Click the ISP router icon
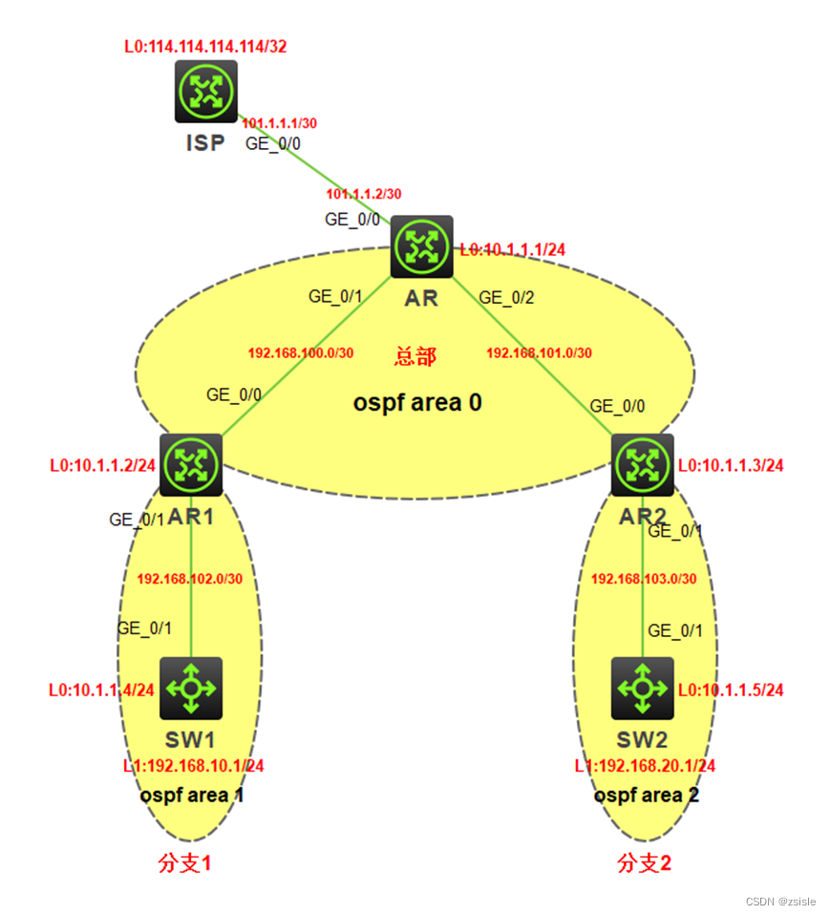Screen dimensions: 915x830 pyautogui.click(x=205, y=92)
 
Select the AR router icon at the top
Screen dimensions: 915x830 pyautogui.click(x=420, y=245)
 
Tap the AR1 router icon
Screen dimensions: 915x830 pyautogui.click(x=191, y=465)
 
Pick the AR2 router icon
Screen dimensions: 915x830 pyautogui.click(x=642, y=465)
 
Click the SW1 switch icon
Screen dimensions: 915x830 pyautogui.click(x=191, y=688)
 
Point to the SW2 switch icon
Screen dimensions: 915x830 pyautogui.click(x=642, y=688)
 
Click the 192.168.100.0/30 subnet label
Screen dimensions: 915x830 pyautogui.click(x=301, y=353)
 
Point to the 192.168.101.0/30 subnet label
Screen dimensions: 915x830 pyautogui.click(x=539, y=353)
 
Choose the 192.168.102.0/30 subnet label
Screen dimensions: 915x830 pyautogui.click(x=190, y=579)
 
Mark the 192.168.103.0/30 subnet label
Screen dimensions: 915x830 pyautogui.click(x=644, y=579)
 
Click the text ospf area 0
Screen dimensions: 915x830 pyautogui.click(x=417, y=402)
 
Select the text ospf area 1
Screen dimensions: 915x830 pyautogui.click(x=191, y=795)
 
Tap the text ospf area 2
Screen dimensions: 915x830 pyautogui.click(x=646, y=795)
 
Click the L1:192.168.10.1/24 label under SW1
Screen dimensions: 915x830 pyautogui.click(x=193, y=766)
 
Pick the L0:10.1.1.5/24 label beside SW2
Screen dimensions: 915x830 pyautogui.click(x=731, y=690)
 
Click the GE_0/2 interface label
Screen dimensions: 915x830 pyautogui.click(x=505, y=297)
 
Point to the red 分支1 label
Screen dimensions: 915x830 pyautogui.click(x=184, y=863)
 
